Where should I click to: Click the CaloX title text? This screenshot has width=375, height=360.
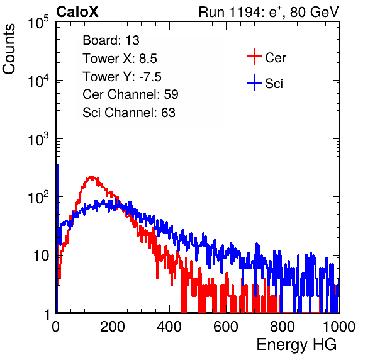tap(77, 12)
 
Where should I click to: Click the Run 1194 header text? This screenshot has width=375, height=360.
tap(269, 12)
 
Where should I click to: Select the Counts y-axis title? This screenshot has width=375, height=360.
tap(9, 49)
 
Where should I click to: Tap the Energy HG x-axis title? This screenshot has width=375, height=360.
tap(296, 345)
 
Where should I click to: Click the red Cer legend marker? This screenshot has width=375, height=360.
tap(254, 57)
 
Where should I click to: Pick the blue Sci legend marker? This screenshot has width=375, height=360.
tap(254, 82)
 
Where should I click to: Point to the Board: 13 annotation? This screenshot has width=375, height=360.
tap(111, 40)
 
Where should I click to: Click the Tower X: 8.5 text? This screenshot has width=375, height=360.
tap(120, 59)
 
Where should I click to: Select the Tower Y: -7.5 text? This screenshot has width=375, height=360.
tap(122, 77)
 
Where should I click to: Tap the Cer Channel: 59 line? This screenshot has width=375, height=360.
tap(130, 94)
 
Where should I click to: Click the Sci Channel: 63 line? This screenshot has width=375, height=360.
tap(129, 113)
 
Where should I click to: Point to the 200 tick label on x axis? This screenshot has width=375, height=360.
tap(113, 327)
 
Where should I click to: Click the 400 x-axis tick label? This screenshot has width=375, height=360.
tap(169, 327)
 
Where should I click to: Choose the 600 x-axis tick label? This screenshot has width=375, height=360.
tap(226, 327)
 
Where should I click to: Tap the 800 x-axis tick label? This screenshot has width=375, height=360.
tap(283, 327)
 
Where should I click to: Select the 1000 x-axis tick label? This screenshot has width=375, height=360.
tap(339, 327)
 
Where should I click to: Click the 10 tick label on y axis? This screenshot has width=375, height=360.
tap(42, 256)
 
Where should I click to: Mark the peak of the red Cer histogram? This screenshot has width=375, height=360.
tap(91, 177)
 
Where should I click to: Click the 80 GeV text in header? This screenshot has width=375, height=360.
tap(314, 12)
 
